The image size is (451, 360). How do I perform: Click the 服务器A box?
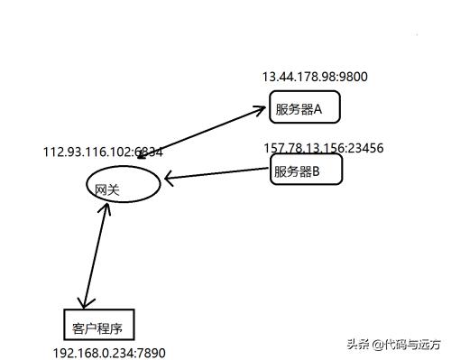click(304, 109)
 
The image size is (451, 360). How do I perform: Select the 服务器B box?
click(306, 170)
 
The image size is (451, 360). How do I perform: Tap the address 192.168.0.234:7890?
click(109, 354)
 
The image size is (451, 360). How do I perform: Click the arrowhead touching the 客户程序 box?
click(85, 302)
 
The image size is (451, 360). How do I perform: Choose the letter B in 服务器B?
click(315, 170)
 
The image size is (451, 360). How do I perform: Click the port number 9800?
click(354, 78)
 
